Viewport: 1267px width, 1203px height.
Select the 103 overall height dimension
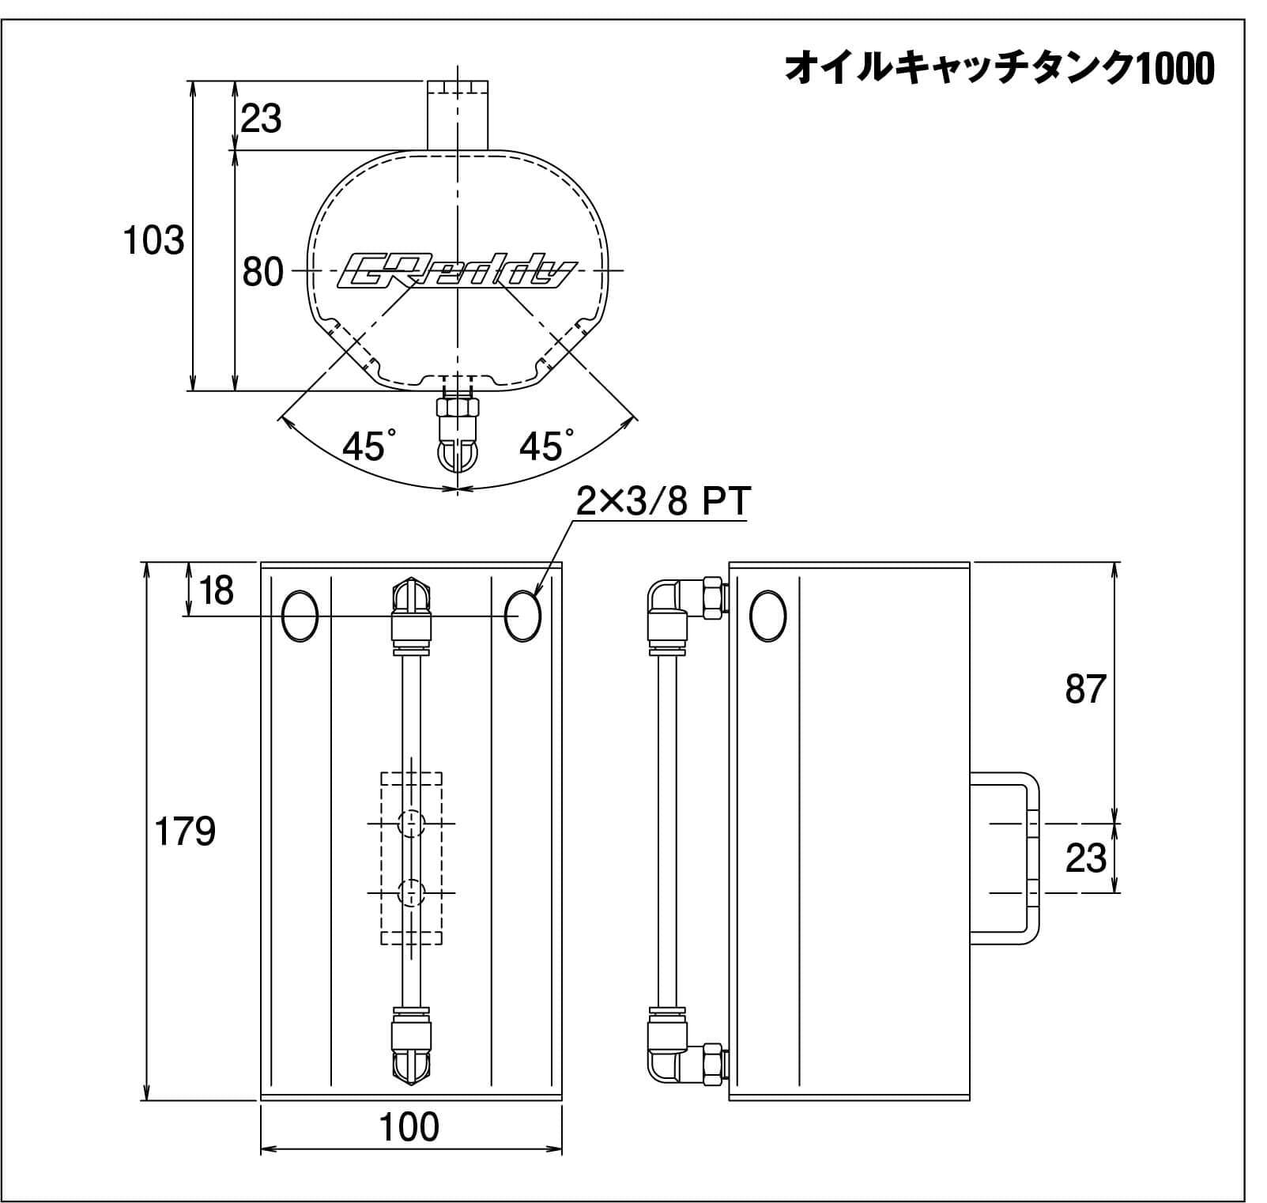(153, 239)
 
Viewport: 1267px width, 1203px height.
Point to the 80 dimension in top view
(262, 273)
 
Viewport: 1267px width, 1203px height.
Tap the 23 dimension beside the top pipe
(261, 119)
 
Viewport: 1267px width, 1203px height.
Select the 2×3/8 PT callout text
(662, 501)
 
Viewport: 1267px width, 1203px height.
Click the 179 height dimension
(184, 832)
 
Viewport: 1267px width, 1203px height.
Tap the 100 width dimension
(409, 1128)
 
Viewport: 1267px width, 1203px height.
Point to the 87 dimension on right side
(1084, 689)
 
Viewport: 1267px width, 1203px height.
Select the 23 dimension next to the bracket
(1086, 858)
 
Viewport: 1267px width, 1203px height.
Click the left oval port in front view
(300, 616)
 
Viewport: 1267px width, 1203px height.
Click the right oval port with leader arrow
(522, 616)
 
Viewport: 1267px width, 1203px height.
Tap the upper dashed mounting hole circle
(411, 824)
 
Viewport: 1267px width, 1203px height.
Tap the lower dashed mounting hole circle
(411, 893)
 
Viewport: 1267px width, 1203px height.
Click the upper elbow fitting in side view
(672, 605)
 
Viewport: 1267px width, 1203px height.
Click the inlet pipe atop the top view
(458, 115)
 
